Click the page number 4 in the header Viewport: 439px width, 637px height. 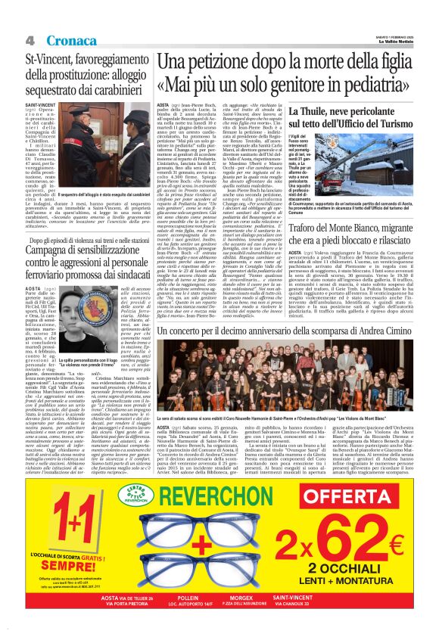click(x=30, y=39)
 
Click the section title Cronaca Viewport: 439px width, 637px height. click(x=73, y=39)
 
